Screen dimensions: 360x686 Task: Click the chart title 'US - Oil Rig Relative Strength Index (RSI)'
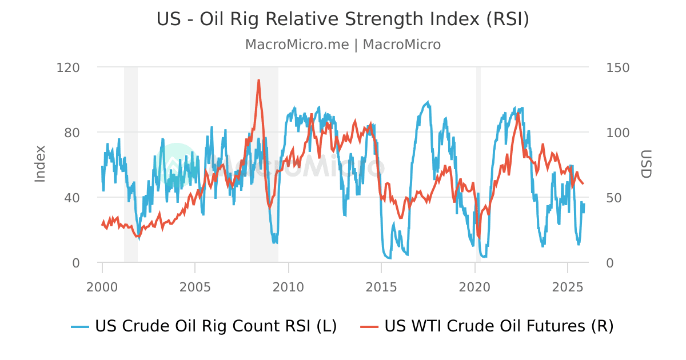pos(343,19)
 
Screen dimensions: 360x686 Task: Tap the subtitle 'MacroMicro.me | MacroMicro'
pos(343,45)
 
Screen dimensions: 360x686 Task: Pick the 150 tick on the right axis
pos(617,67)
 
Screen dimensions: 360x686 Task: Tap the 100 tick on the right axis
pos(617,133)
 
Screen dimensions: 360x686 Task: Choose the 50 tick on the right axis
pos(614,198)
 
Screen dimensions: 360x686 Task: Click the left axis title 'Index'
pos(40,164)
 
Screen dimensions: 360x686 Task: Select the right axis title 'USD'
pos(645,164)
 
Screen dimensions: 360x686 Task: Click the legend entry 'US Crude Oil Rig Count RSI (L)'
pos(204,326)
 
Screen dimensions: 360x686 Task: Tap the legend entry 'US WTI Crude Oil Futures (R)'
pos(487,326)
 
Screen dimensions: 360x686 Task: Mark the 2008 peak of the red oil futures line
pos(259,81)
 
